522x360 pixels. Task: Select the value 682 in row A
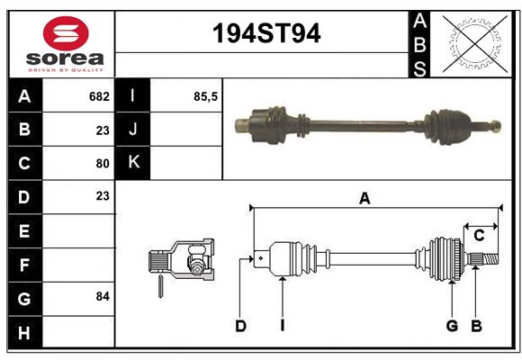tap(99, 95)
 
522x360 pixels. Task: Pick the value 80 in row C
tap(102, 164)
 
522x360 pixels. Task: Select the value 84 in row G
tap(102, 296)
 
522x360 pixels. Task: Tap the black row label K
tap(134, 163)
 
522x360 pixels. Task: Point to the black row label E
tap(24, 231)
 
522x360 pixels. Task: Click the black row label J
tap(134, 130)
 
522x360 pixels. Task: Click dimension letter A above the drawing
tap(364, 199)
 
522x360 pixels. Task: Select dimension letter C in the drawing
tap(479, 235)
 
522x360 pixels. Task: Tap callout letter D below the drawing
tap(240, 326)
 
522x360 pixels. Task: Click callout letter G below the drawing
tap(452, 326)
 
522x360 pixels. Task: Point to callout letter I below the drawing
tap(282, 326)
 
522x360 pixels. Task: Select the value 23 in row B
tap(102, 130)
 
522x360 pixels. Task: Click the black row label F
tap(24, 265)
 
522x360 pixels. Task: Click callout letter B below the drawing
tap(477, 326)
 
